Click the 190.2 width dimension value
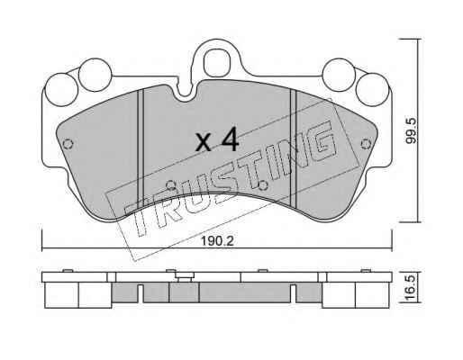coord(217,241)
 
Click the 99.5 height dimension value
coord(411,130)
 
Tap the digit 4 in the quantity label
coord(230,139)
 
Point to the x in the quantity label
coord(204,143)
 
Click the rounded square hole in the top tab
coord(217,63)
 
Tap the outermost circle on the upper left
coord(61,90)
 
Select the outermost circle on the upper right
coord(372,89)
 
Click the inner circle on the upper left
coord(95,75)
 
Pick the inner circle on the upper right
coord(339,75)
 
